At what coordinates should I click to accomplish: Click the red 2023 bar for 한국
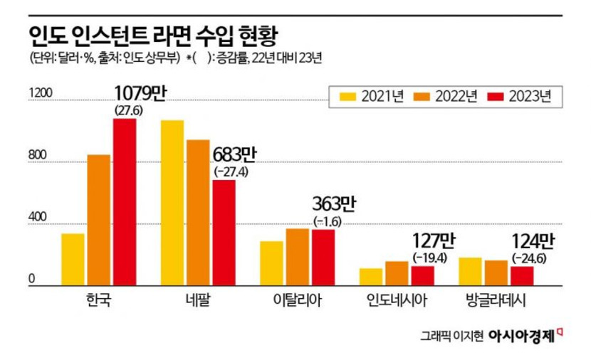[x=125, y=201]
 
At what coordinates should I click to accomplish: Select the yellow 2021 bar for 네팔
[x=172, y=203]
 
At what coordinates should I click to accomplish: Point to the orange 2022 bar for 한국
[x=100, y=219]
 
